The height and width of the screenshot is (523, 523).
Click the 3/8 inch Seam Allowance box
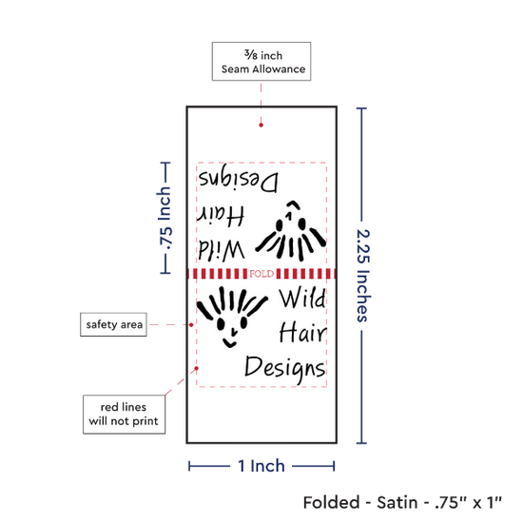(261, 62)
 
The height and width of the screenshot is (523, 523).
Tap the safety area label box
(113, 324)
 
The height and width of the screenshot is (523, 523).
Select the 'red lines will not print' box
(124, 415)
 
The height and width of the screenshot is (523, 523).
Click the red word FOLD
(261, 274)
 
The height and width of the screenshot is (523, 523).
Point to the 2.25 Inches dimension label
(363, 276)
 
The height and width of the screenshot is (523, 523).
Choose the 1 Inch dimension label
(261, 466)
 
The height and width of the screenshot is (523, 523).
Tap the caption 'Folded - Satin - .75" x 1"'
(402, 502)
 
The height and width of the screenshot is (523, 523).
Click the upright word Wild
(302, 298)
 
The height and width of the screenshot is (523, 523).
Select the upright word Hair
(302, 332)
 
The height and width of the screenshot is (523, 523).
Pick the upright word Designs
(285, 369)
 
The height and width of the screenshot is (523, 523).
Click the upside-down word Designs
(238, 178)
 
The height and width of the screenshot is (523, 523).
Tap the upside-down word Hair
(221, 215)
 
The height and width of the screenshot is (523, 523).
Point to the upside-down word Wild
(222, 249)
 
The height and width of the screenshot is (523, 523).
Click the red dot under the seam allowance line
(261, 126)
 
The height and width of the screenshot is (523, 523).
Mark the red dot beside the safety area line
(191, 324)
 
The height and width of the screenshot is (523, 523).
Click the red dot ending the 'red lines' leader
(197, 368)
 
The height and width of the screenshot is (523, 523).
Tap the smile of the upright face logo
(229, 343)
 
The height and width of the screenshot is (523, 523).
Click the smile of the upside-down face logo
(294, 204)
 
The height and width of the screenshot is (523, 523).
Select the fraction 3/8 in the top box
(251, 54)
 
